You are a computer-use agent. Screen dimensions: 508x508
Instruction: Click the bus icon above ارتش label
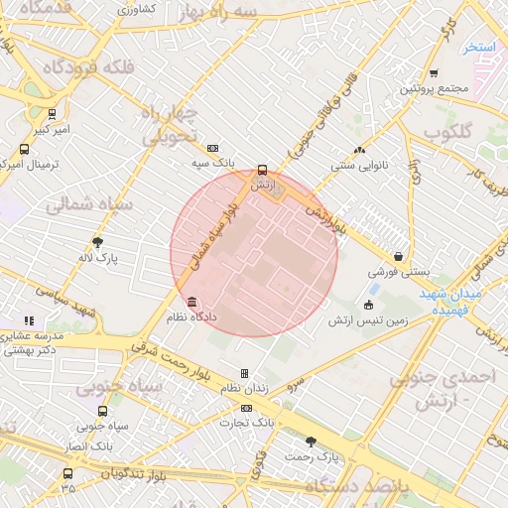click(262, 170)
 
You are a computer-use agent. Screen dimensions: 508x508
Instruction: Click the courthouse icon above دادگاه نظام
click(190, 302)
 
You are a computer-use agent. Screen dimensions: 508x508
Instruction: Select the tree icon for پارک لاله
click(97, 242)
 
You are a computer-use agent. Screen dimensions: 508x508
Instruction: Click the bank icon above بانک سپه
click(213, 146)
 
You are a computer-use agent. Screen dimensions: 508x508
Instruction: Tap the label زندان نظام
click(244, 388)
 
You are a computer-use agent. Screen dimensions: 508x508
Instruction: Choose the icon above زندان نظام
click(244, 373)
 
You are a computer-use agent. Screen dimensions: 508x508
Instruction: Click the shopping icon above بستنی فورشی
click(398, 256)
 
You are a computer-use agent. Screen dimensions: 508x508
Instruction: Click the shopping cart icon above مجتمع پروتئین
click(434, 73)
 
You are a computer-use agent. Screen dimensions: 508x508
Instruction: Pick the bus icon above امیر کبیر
click(52, 114)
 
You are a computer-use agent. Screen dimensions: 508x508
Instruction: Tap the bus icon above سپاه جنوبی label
click(102, 411)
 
